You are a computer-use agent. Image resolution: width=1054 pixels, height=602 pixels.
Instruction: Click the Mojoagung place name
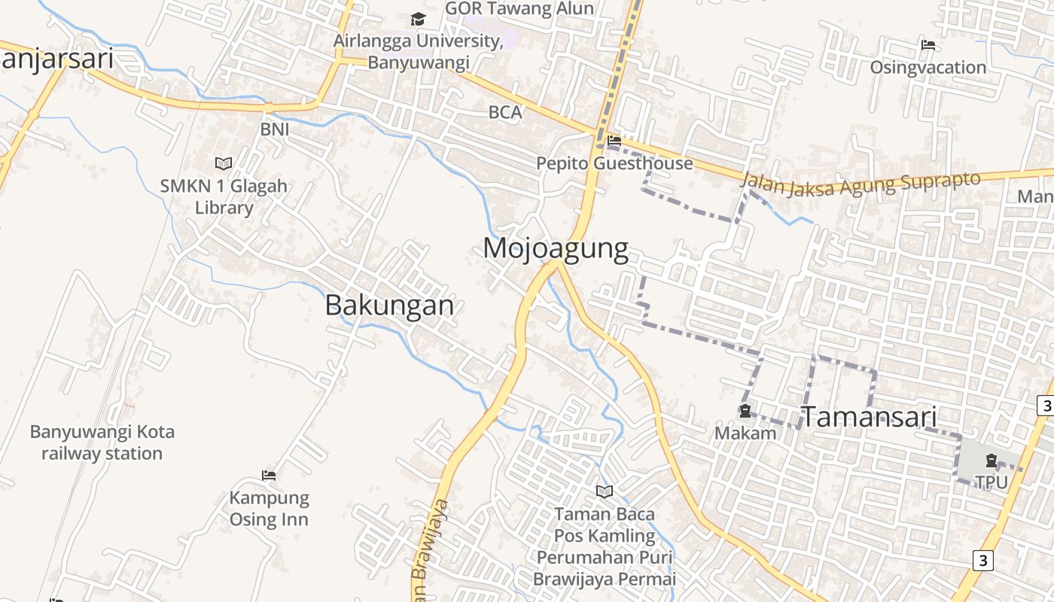556,248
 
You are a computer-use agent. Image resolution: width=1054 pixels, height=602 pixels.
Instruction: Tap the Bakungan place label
389,305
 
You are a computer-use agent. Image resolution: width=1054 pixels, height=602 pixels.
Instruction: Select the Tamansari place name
868,416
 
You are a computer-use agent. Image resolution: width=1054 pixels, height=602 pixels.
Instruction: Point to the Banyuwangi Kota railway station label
102,442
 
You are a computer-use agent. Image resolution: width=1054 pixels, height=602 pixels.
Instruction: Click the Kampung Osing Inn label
269,508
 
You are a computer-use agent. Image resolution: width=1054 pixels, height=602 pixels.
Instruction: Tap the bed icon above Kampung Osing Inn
269,475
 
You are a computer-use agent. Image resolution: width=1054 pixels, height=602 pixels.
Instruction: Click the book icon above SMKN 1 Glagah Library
224,163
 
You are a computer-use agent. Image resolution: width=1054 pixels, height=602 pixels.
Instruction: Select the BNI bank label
275,129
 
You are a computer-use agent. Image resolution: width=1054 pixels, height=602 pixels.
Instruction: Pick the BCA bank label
504,113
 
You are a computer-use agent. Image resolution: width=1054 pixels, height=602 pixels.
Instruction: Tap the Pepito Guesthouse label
614,163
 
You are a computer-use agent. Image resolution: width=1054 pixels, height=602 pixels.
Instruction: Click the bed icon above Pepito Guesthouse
614,140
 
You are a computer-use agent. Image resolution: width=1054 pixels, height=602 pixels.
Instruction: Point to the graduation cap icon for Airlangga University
418,19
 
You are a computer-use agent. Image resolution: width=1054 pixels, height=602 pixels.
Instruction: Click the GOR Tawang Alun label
519,8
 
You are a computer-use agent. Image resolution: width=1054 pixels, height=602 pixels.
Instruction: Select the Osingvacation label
928,68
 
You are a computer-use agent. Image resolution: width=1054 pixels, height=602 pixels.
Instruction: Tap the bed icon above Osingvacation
928,45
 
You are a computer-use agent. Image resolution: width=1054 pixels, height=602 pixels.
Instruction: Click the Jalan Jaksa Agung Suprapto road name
861,184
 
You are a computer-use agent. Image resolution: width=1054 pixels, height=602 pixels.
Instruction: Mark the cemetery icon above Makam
745,411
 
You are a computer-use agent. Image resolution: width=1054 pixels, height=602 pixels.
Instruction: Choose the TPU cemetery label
991,482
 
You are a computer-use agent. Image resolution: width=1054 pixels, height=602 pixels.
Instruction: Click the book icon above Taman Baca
604,491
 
